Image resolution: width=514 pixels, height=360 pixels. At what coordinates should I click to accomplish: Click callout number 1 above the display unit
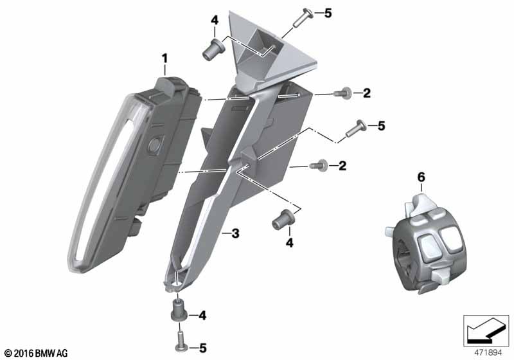pos(164,59)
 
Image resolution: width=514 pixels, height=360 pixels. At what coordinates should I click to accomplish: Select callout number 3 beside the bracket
pos(235,233)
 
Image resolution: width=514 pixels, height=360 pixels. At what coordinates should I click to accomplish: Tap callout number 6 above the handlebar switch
pos(421,177)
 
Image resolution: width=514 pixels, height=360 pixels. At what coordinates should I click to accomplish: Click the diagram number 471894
pos(488,353)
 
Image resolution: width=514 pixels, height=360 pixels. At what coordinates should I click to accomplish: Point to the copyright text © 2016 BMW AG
pos(37,353)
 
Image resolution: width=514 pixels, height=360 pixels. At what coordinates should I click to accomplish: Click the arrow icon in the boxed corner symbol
pos(486,330)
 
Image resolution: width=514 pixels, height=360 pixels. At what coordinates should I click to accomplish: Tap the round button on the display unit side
pos(154,144)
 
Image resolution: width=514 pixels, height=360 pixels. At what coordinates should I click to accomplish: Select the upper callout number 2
pos(367,93)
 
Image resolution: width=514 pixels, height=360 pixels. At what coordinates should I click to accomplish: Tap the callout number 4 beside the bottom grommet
pos(202,316)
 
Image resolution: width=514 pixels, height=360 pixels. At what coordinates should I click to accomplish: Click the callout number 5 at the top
pos(328,14)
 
